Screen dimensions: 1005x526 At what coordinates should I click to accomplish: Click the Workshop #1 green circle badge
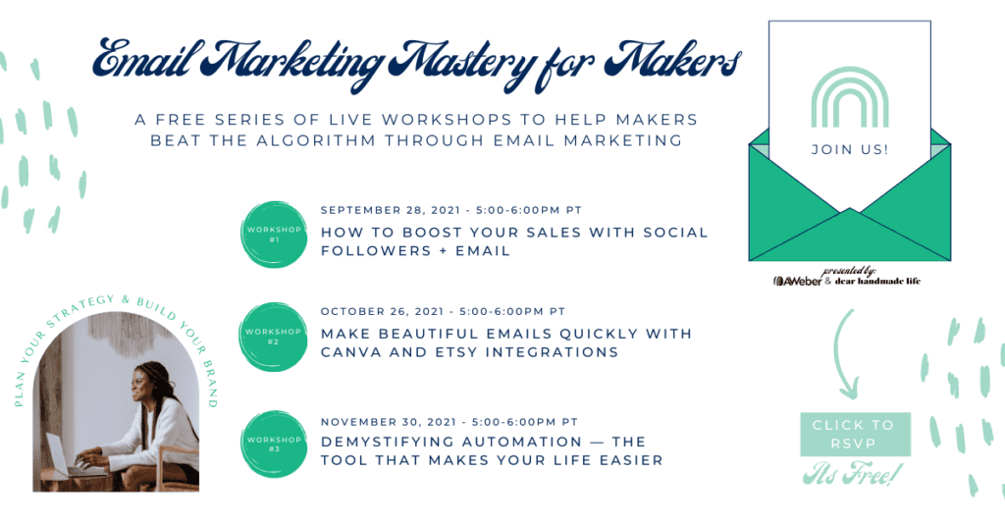coord(274,234)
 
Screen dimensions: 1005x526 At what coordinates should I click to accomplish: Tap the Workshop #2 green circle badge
coord(274,337)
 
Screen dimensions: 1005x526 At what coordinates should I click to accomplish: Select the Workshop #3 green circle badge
coord(274,444)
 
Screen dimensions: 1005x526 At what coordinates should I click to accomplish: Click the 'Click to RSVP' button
coord(855,434)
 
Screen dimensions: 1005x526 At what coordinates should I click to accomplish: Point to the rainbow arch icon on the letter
coord(850,97)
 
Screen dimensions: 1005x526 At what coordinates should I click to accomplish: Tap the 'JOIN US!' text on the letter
coord(850,149)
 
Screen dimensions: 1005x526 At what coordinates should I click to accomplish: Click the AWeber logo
coord(797,281)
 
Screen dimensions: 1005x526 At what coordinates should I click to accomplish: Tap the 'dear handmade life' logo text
coord(877,281)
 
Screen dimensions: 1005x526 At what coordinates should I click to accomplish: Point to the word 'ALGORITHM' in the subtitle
coord(316,140)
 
